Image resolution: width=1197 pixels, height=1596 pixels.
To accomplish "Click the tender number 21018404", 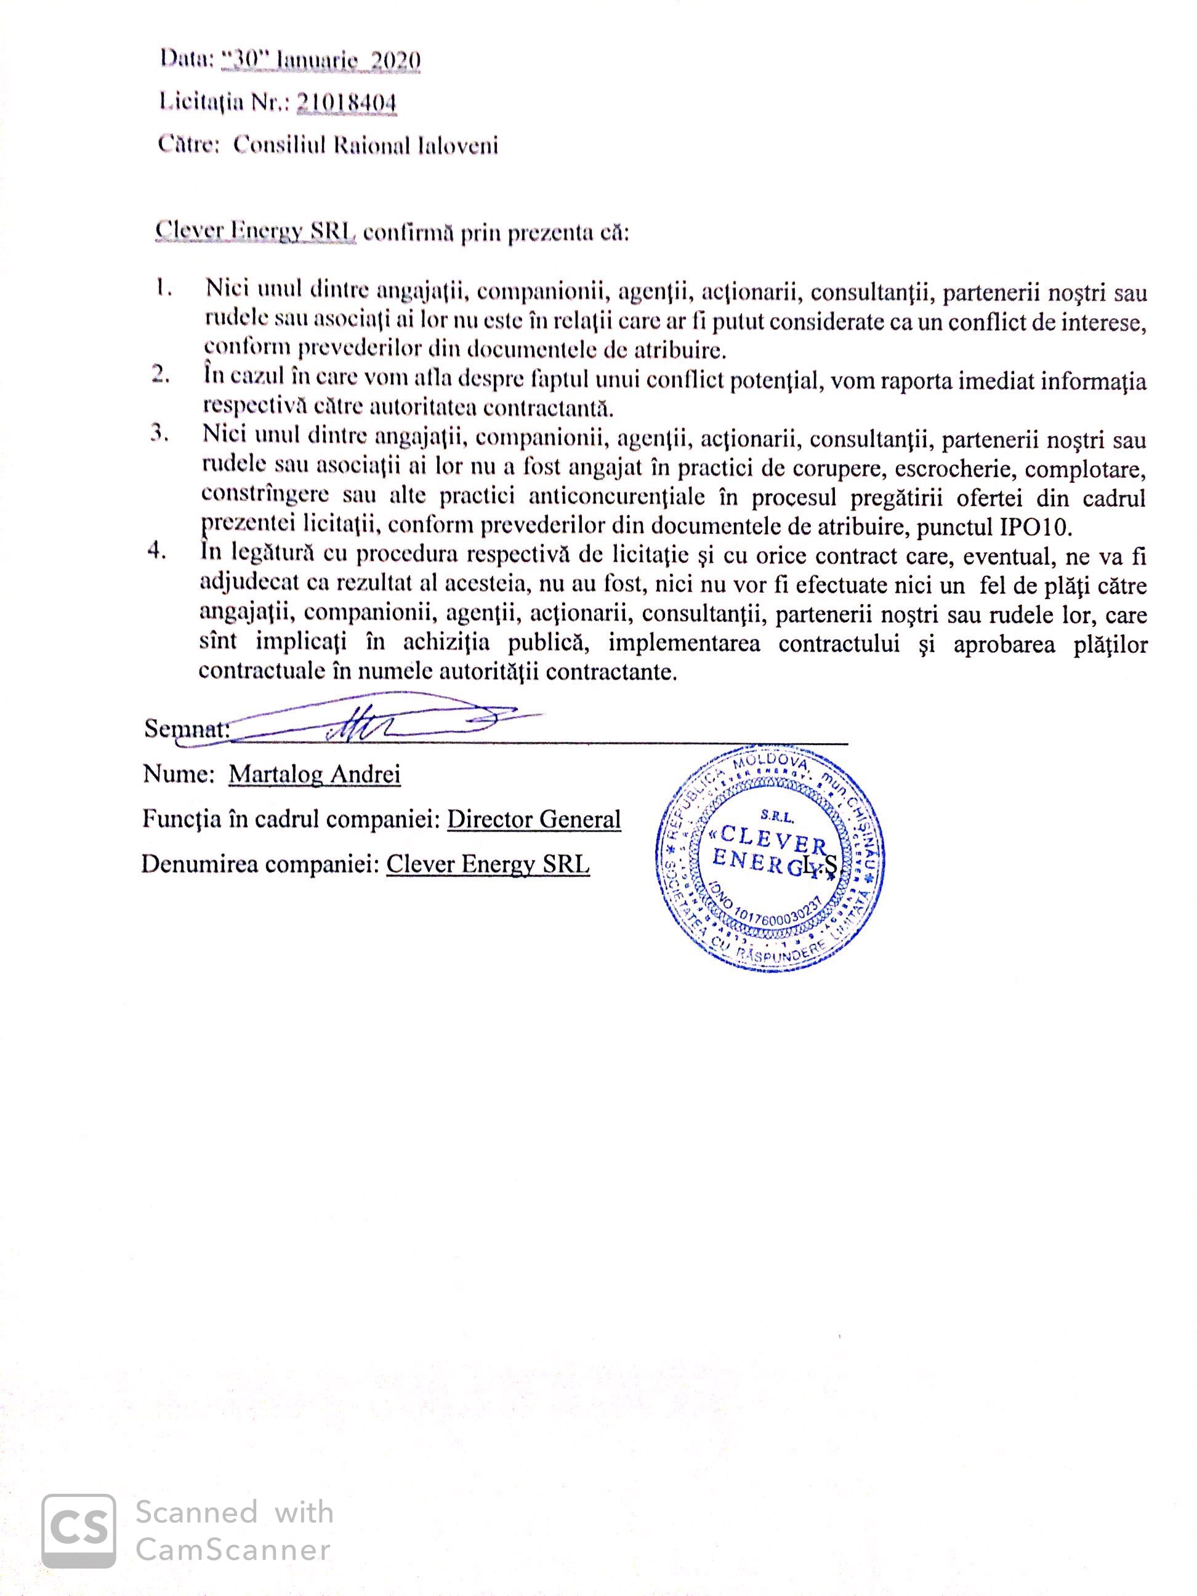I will point(346,104).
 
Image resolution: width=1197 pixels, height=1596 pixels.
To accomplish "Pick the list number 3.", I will point(159,435).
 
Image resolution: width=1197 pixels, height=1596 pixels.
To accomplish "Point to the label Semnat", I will point(186,729).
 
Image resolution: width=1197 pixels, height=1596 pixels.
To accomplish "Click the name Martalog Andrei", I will point(315,775).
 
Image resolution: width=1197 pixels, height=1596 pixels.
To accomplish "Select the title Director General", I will point(534,820).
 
